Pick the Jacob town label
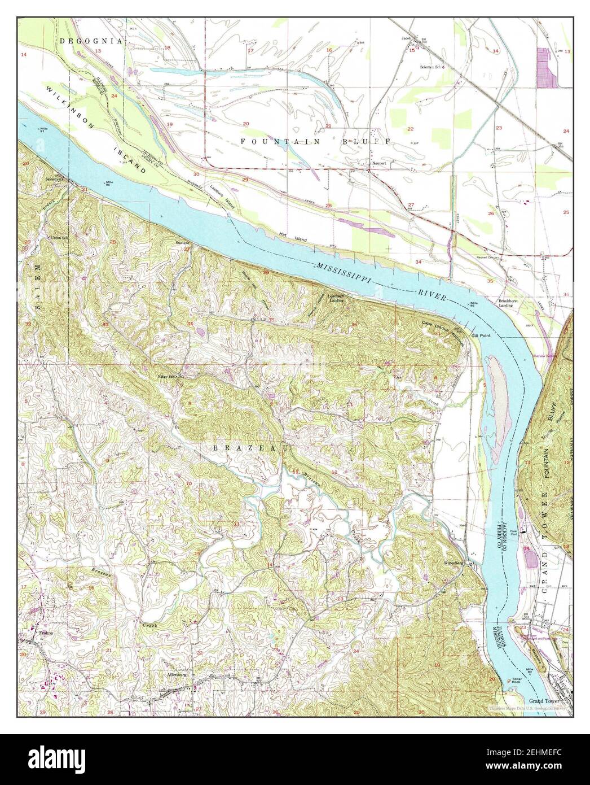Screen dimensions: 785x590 pyautogui.click(x=406, y=39)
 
